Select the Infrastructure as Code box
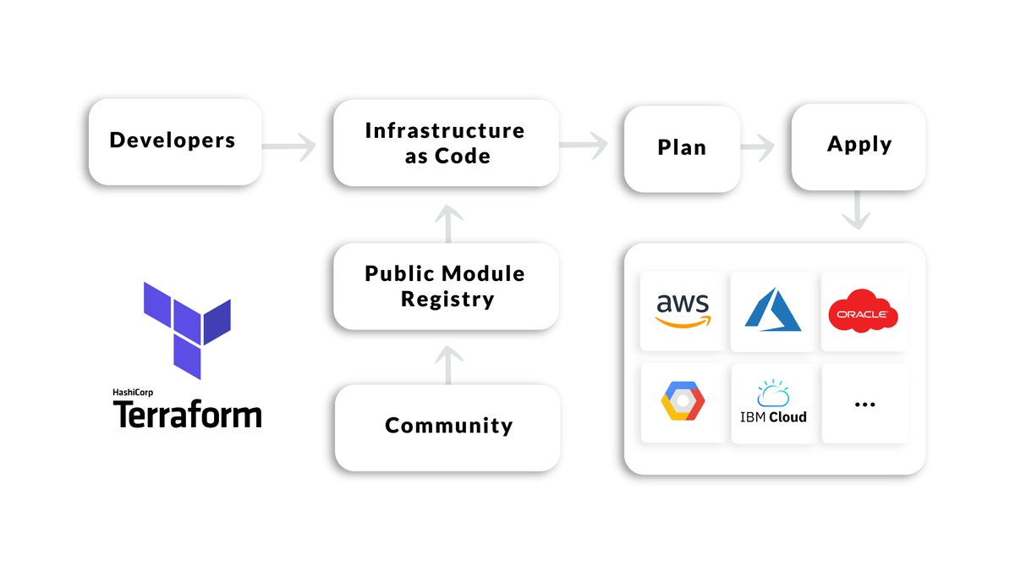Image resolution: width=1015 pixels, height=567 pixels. coord(446,143)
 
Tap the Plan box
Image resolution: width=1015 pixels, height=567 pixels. coord(682,148)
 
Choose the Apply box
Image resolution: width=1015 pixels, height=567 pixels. coord(859,146)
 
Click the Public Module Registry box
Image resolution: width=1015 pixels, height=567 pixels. coord(446,286)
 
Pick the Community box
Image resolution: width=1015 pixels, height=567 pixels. coord(447,426)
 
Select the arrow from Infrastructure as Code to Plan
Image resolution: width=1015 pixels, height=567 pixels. coord(584,145)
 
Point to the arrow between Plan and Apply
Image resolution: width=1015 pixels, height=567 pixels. coord(758,147)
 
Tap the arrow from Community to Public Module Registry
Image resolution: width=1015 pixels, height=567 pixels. coord(447,366)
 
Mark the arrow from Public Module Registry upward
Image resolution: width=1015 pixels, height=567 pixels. coord(447,223)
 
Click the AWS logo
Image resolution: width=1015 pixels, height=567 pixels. coord(683,311)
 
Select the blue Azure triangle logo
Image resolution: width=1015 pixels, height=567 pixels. coord(773,311)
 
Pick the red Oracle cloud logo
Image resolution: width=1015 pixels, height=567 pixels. coord(863,311)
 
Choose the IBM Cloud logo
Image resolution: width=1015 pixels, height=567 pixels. coord(773,403)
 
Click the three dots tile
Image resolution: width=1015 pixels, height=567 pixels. coord(864,404)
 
